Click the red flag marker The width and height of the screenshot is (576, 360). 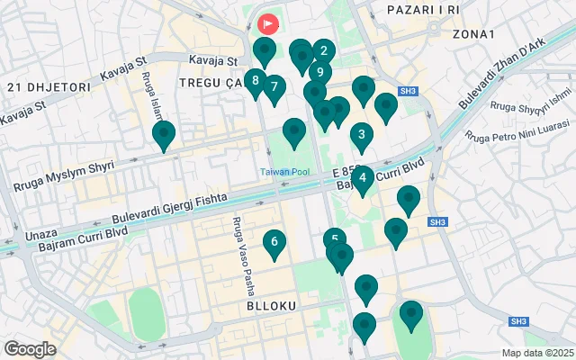[x=268, y=23]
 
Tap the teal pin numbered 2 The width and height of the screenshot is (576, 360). [x=324, y=52]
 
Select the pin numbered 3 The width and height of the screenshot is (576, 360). [x=361, y=137]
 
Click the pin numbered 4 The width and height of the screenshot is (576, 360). [x=362, y=177]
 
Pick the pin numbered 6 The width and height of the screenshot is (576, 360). [x=274, y=242]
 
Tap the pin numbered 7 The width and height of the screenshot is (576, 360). [x=274, y=88]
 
